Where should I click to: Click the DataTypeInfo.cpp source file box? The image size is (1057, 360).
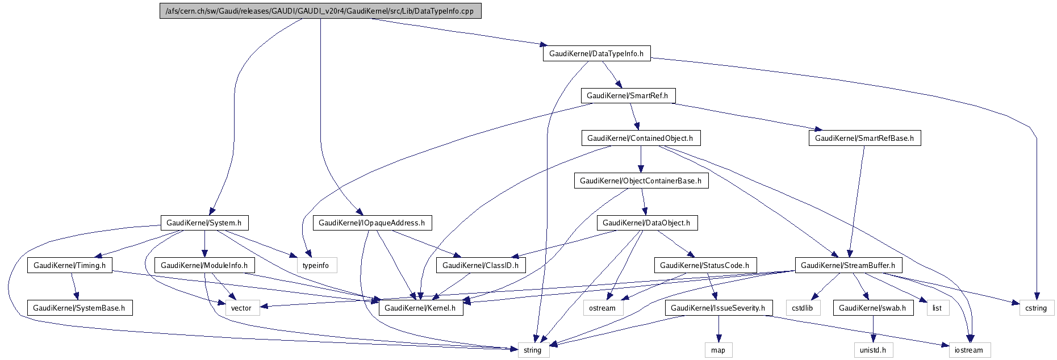[x=320, y=11]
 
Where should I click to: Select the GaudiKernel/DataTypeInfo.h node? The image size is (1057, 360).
[x=596, y=53]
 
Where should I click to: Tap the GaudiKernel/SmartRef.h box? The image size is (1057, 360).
[x=628, y=95]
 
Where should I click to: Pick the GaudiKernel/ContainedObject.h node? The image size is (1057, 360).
[x=640, y=138]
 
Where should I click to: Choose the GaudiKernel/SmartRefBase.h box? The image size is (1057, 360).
[x=864, y=138]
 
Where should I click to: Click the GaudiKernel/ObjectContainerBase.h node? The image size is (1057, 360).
[x=641, y=181]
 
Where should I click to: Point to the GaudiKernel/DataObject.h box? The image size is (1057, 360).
[x=646, y=223]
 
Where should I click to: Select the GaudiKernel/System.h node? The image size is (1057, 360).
[x=204, y=223]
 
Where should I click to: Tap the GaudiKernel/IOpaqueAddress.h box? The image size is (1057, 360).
[x=372, y=223]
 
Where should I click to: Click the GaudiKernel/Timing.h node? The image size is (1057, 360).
[x=70, y=265]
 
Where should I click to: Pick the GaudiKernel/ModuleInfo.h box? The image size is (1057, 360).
[x=204, y=265]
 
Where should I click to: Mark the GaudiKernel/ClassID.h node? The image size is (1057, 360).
[x=481, y=265]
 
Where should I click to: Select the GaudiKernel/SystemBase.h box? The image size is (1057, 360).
[x=79, y=308]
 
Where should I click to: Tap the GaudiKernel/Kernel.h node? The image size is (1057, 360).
[x=420, y=308]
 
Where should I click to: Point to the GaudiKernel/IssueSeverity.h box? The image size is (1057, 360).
[x=718, y=308]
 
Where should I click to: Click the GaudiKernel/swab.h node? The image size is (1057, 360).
[x=872, y=308]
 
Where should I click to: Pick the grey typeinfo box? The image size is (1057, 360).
[x=316, y=265]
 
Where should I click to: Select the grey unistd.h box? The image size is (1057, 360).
[x=873, y=350]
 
